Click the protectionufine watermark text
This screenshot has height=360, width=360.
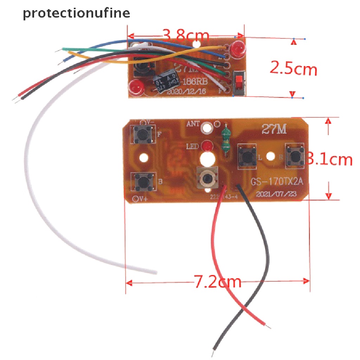[76, 13]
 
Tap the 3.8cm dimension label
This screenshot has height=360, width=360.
[186, 35]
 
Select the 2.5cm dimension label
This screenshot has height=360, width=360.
[293, 68]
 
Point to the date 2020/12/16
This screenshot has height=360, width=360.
[185, 92]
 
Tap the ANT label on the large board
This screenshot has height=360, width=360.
[193, 124]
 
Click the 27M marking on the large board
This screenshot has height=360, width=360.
[274, 129]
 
